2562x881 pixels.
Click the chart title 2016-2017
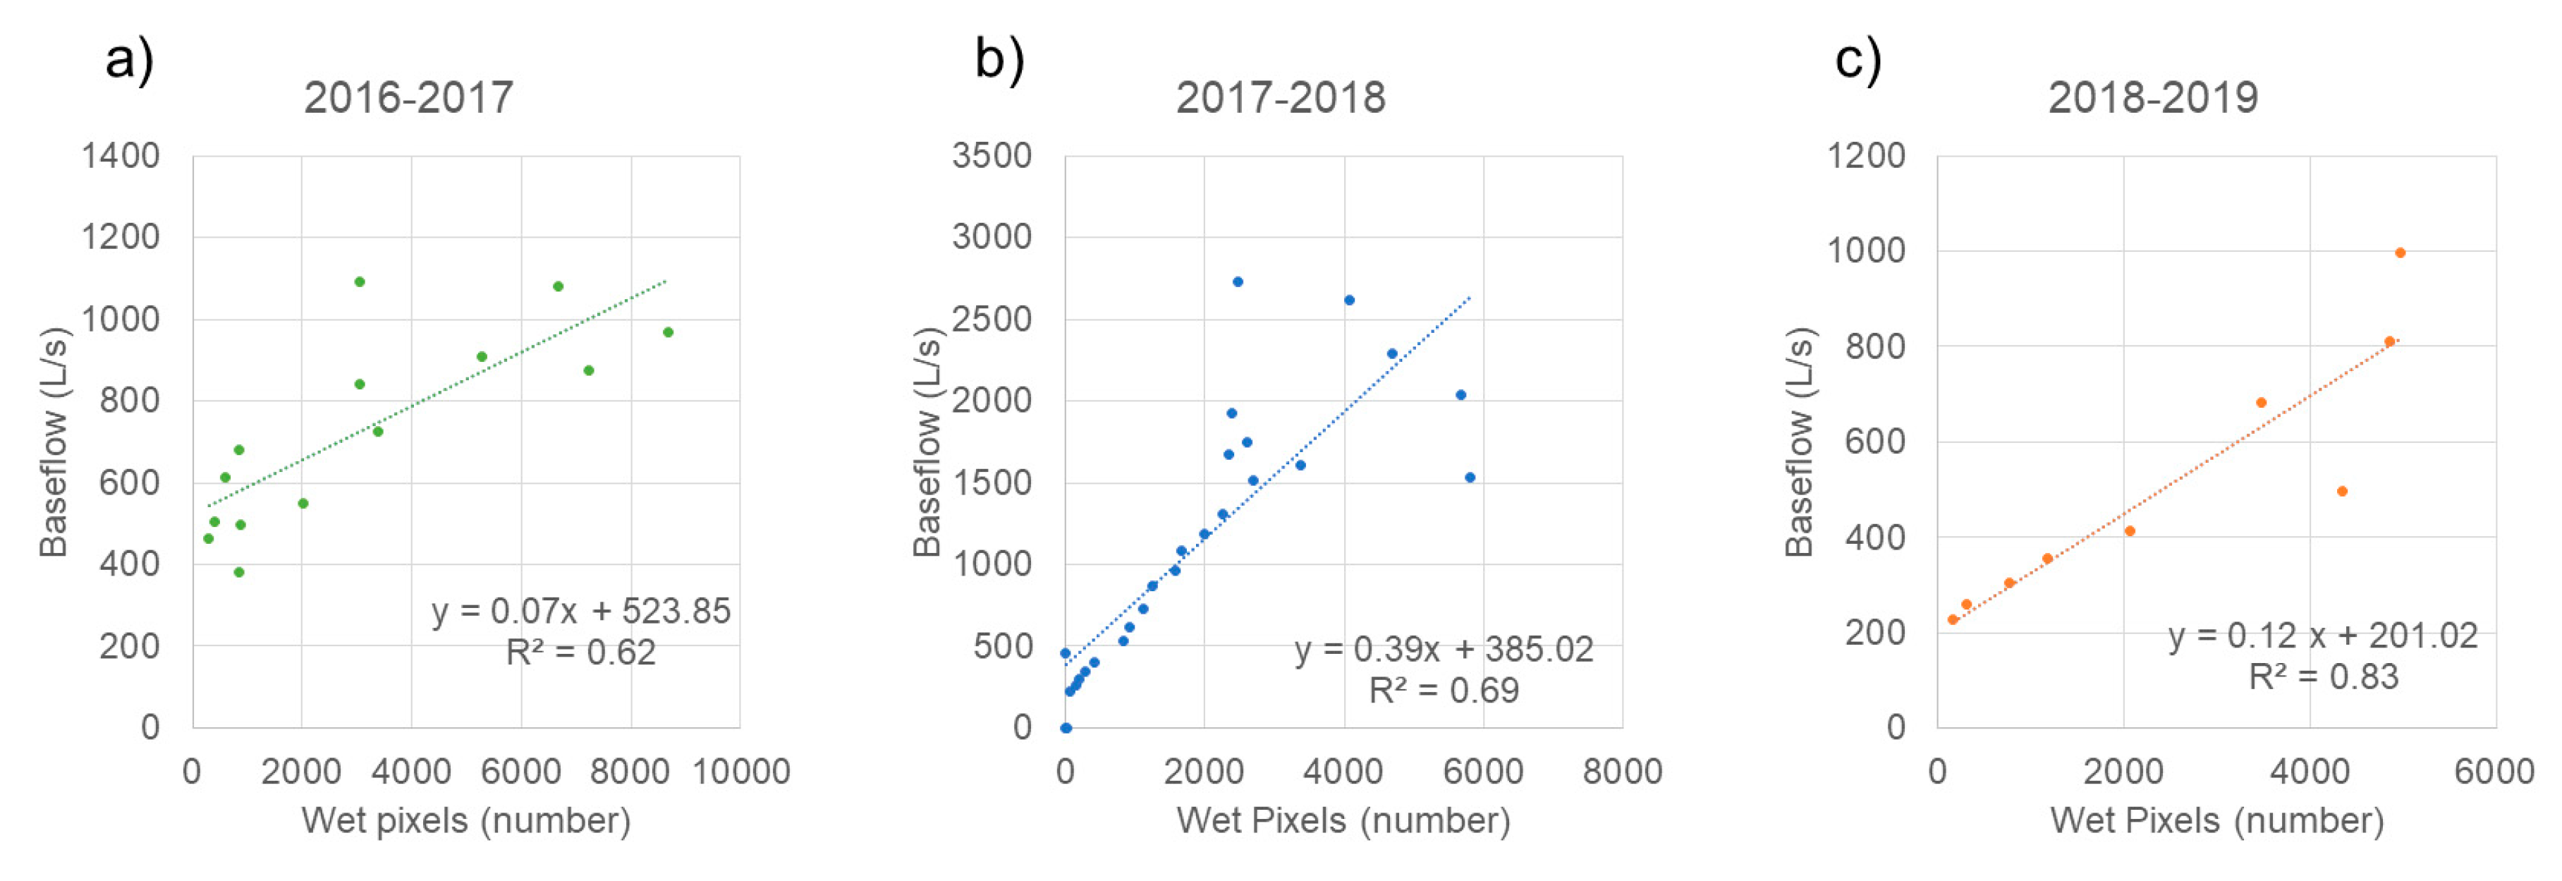click(x=409, y=97)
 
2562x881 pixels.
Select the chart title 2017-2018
click(x=1280, y=97)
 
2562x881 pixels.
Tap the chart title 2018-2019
click(x=2153, y=97)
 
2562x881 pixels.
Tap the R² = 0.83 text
click(x=2324, y=677)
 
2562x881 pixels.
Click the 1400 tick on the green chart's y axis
click(x=121, y=156)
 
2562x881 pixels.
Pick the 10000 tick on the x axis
click(x=741, y=772)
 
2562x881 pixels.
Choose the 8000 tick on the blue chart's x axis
click(x=1622, y=772)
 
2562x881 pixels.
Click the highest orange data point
click(x=2400, y=253)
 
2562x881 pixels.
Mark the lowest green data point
click(x=238, y=572)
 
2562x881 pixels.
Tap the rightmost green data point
click(x=669, y=332)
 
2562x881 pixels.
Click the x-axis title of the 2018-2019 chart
click(x=2217, y=821)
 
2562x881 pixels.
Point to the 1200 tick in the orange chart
click(x=1867, y=156)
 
